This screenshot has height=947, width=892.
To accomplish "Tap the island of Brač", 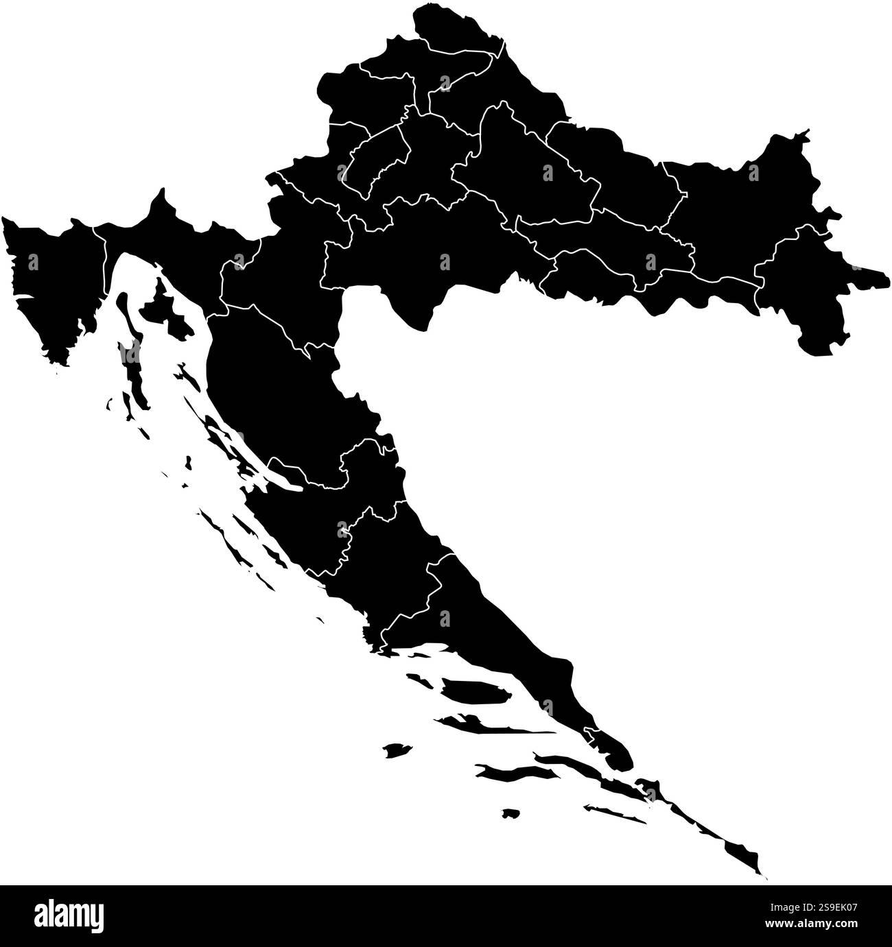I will [473, 690].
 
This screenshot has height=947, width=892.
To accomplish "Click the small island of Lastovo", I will [509, 813].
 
